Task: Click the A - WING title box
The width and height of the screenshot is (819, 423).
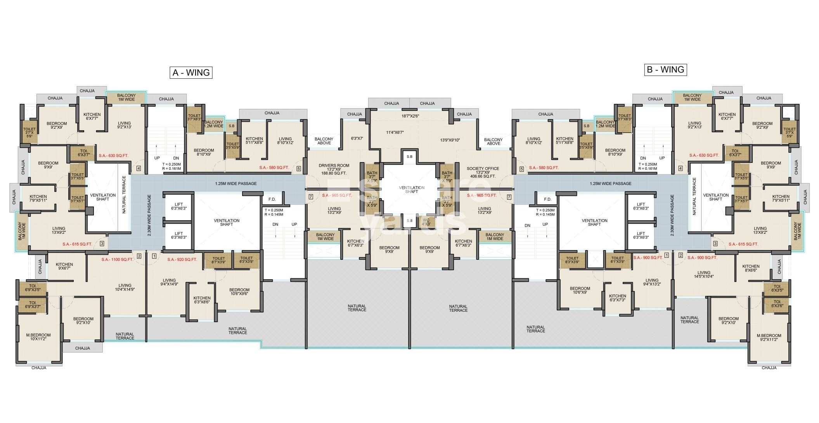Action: [191, 73]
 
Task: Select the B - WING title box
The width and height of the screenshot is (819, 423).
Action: [665, 70]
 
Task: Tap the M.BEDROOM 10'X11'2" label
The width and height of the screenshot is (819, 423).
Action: [38, 337]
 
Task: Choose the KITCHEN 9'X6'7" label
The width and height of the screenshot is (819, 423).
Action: [64, 266]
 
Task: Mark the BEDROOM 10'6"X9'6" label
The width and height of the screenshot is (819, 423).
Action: [239, 292]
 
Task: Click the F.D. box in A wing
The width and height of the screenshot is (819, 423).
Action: [272, 199]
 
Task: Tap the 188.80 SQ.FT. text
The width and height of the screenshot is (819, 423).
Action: [334, 174]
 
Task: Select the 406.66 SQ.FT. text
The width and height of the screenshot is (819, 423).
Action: [483, 176]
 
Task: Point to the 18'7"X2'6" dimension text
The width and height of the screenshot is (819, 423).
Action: [410, 116]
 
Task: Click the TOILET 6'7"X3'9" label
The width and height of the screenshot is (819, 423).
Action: [218, 260]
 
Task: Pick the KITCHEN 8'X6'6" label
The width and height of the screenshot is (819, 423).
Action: [751, 268]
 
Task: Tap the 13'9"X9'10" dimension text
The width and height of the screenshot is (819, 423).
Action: [450, 140]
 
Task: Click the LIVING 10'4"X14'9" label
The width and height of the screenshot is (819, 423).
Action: [125, 287]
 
